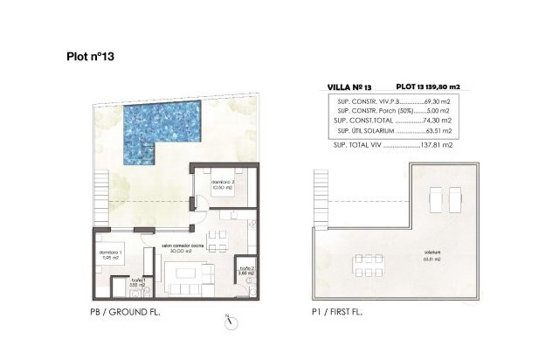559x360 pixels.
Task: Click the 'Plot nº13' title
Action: click(91, 55)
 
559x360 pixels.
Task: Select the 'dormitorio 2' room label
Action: click(224, 183)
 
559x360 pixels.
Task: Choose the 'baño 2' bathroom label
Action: click(246, 271)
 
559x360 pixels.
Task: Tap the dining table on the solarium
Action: click(366, 260)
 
